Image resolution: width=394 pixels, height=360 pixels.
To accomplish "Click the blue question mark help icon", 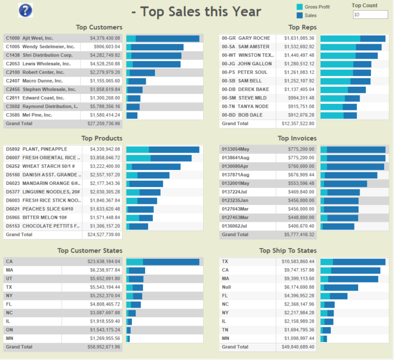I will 25,10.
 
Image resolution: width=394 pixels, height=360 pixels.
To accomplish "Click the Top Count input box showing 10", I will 370,15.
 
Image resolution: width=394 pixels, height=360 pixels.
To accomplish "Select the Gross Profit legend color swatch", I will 300,7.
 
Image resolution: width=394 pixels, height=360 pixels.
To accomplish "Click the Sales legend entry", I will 311,15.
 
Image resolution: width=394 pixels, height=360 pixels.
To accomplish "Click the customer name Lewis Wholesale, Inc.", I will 46,64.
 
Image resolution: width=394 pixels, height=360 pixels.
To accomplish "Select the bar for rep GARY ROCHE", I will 352,38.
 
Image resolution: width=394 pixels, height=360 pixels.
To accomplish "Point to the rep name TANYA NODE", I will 253,106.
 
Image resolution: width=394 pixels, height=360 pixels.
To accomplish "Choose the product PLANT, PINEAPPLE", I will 45,149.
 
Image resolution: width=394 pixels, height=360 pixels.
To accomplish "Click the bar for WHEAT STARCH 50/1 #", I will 153,166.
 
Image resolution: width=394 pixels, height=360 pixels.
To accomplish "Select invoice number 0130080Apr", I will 235,166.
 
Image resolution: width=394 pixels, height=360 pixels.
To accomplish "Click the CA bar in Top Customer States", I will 163,261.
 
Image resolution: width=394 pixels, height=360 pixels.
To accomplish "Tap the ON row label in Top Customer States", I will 9,330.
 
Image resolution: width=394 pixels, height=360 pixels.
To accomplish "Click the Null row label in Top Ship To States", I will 226,287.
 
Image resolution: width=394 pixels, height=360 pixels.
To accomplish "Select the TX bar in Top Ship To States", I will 352,261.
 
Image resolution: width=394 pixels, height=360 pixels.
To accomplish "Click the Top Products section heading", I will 102,138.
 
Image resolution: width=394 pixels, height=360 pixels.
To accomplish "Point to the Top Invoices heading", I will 297,138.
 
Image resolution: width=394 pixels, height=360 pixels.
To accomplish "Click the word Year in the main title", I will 245,11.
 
